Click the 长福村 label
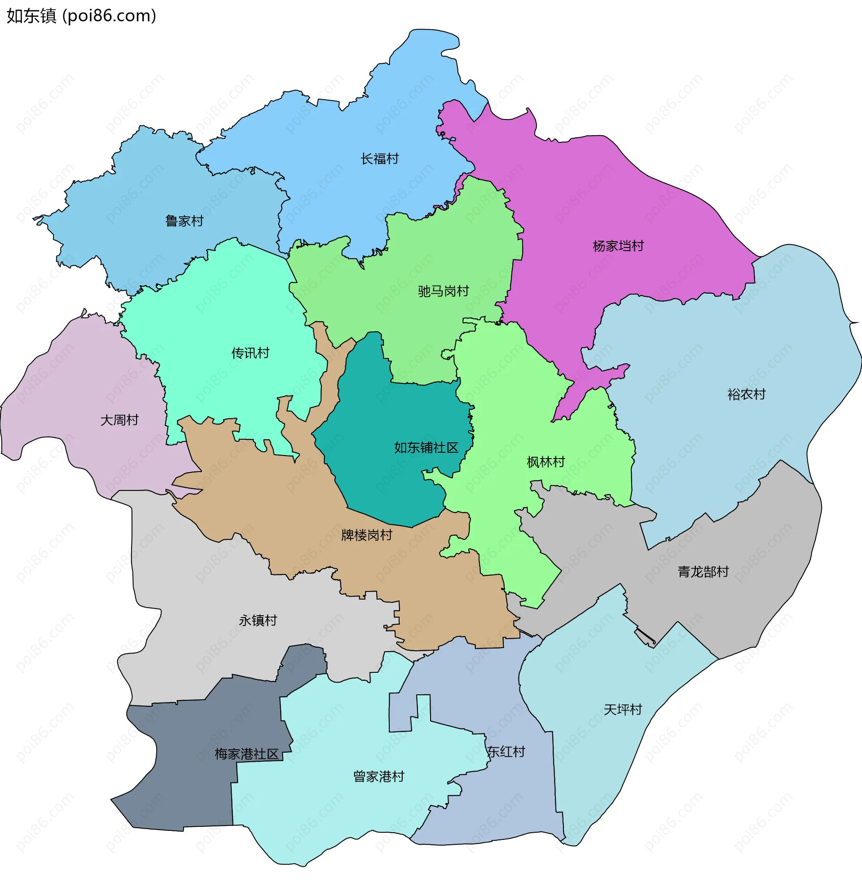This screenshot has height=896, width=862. coord(379,159)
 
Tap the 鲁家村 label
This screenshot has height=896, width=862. coord(184,221)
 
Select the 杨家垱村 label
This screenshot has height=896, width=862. coord(618,246)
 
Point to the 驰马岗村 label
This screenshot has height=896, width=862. coord(443,291)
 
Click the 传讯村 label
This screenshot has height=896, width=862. coord(250,353)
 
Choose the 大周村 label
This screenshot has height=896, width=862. coord(119,419)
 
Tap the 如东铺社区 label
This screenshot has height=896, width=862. coord(426,447)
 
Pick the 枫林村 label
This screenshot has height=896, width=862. coord(546,462)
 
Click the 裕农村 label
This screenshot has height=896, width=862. coord(746,394)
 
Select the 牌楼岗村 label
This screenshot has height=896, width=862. coord(366,535)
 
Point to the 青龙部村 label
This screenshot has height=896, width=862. coord(703,571)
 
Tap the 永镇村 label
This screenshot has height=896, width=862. coord(258,620)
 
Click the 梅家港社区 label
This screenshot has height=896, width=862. coord(246,754)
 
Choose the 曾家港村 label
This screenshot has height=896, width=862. coord(378,776)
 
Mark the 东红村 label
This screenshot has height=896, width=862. coord(506,751)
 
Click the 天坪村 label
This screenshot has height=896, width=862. coord(623,710)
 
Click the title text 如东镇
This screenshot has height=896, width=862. coord(31,16)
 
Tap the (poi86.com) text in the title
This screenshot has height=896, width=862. coord(110,16)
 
